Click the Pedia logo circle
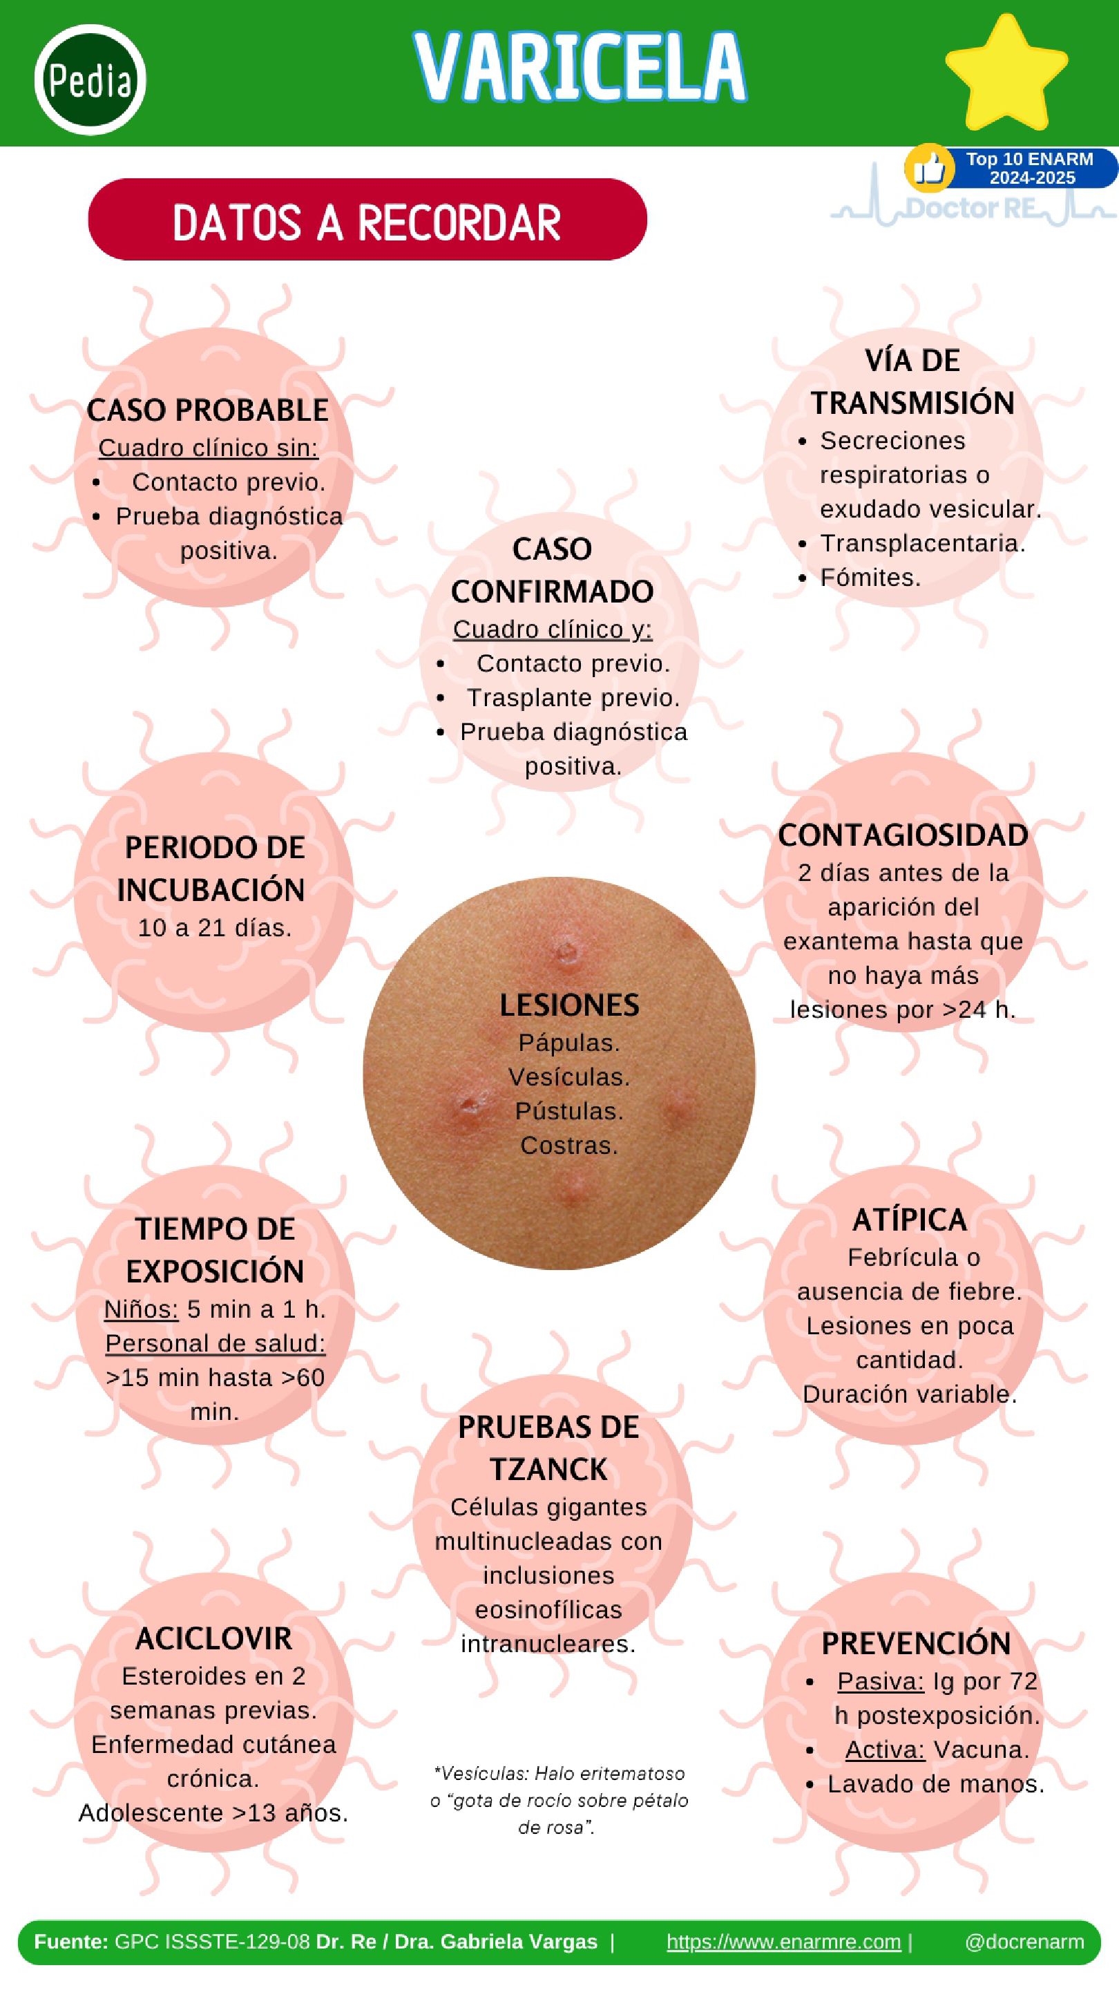(x=90, y=79)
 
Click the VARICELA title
(x=580, y=68)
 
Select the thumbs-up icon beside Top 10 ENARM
(x=930, y=168)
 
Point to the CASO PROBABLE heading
(x=208, y=410)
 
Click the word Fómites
(x=870, y=578)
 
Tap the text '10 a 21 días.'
(x=215, y=928)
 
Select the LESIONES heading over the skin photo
(x=569, y=1005)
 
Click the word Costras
(x=569, y=1146)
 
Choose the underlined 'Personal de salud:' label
(x=215, y=1343)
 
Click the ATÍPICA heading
(x=909, y=1220)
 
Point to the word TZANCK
(x=548, y=1468)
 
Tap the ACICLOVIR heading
(x=214, y=1638)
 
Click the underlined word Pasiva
(x=881, y=1681)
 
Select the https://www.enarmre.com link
(x=783, y=1942)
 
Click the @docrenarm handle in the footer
(x=1024, y=1942)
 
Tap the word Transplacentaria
(x=922, y=543)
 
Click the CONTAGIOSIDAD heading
(x=903, y=835)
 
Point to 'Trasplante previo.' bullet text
(x=573, y=698)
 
